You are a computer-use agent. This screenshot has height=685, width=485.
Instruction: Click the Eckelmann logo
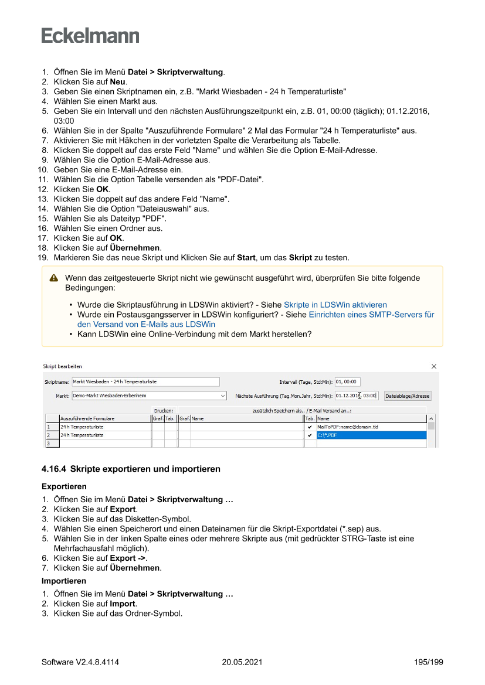90,36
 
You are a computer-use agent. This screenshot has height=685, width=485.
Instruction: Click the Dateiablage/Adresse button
408,396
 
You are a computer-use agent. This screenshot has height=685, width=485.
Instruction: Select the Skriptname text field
145,382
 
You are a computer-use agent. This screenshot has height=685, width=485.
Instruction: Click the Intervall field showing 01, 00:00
347,382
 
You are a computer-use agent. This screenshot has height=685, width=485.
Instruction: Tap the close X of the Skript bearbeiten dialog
434,366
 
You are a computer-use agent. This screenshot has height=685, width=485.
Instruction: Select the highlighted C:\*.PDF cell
371,435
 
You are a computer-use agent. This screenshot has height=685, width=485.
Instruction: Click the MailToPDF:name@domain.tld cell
371,427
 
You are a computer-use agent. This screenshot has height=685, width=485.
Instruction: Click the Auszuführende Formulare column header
104,419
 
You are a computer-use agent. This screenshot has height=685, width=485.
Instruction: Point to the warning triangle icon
54,278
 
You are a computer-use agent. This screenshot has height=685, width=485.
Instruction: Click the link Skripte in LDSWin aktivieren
335,305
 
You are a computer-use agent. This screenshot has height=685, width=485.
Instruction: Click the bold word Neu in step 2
118,82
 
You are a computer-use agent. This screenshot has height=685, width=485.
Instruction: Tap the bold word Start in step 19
246,258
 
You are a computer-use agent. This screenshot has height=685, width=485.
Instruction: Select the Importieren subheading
64,581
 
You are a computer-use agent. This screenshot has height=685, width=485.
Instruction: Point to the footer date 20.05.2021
242,662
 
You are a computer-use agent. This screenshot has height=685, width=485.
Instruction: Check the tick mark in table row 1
310,427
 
